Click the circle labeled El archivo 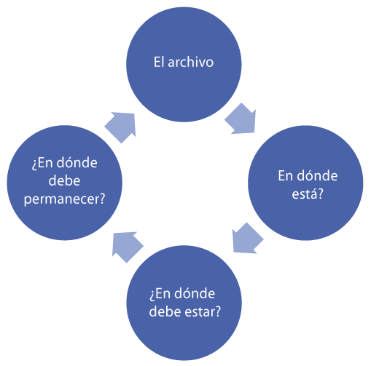(x=184, y=64)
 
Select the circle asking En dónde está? (x=305, y=183)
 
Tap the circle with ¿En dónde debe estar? (x=184, y=303)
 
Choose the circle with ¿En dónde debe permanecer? (x=64, y=183)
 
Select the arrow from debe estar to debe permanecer (x=126, y=247)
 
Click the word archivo (x=191, y=62)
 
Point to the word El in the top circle (x=159, y=62)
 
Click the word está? (x=308, y=194)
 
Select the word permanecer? (x=64, y=199)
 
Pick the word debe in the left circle (x=64, y=180)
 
